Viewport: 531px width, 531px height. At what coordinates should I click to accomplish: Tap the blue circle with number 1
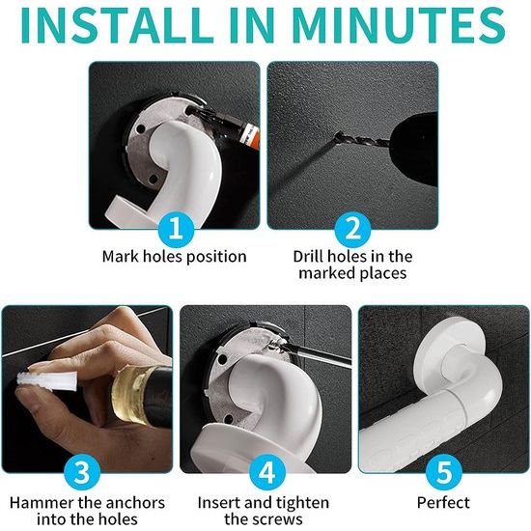coord(175,230)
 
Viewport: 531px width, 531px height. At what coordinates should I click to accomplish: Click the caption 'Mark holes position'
coord(175,257)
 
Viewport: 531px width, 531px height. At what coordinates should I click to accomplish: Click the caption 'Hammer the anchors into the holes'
coord(88,511)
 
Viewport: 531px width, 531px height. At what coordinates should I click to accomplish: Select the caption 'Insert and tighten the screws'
coord(264,511)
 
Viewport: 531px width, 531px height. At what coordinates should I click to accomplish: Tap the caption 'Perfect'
coord(443,503)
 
